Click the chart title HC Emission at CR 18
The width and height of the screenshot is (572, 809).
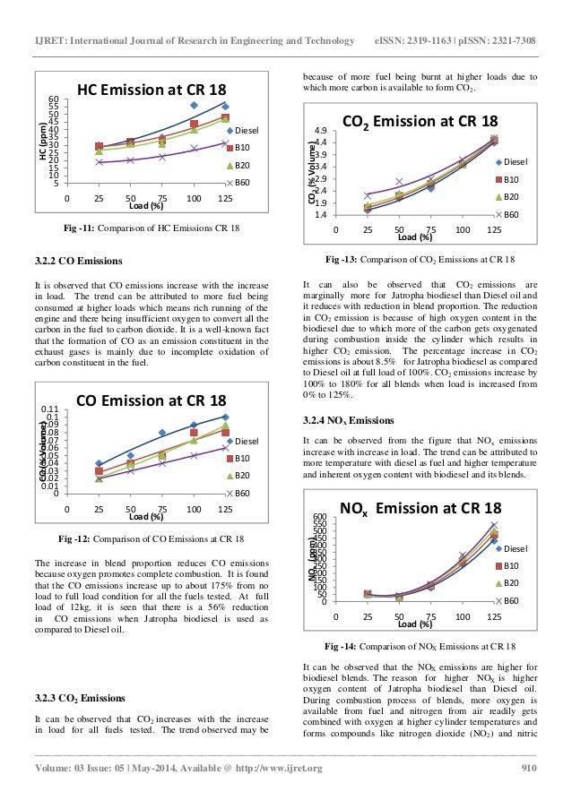pyautogui.click(x=151, y=90)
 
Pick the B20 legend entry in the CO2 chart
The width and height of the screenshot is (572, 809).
pyautogui.click(x=508, y=196)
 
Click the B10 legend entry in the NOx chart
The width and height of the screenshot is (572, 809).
pyautogui.click(x=509, y=565)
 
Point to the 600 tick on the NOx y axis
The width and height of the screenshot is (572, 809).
pyautogui.click(x=321, y=518)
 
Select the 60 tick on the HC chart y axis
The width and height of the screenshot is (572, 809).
pyautogui.click(x=54, y=99)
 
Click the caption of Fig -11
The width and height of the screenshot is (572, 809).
pyautogui.click(x=152, y=229)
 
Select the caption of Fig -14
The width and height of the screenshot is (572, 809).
pyautogui.click(x=420, y=646)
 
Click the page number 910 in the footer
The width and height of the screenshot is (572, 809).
pyautogui.click(x=529, y=769)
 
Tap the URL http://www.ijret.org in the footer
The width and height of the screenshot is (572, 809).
pyautogui.click(x=277, y=769)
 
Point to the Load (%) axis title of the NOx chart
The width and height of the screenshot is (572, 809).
pyautogui.click(x=414, y=624)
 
